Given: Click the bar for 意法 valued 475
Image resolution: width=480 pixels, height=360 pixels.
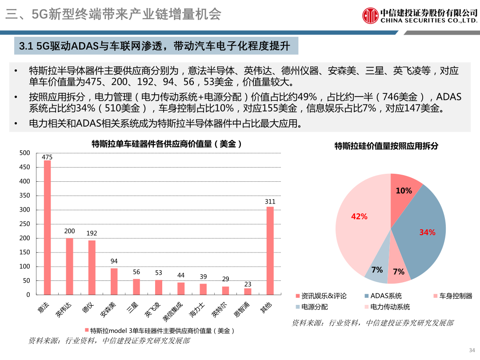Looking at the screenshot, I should coord(47,227).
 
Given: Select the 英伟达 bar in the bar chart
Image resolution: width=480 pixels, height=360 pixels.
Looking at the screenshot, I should coord(69,266).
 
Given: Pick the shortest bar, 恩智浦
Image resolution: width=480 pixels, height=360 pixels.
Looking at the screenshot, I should coord(248,292).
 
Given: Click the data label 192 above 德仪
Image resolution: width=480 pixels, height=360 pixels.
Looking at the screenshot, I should coord(92,233).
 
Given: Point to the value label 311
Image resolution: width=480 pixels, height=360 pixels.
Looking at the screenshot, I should coord(270,201).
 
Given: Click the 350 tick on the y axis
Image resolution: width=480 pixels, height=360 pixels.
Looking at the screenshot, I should coord(25,196).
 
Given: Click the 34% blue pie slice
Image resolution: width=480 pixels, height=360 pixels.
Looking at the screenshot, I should coord(422,231).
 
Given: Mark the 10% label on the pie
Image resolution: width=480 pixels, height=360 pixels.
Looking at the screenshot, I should coord(404,191).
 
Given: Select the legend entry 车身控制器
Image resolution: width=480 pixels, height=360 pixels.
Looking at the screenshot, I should coord(456,296).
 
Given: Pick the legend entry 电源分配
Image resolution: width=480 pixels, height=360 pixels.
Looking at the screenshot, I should coord(314,307).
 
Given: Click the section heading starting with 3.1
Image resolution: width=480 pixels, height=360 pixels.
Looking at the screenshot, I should coord(156,46).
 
